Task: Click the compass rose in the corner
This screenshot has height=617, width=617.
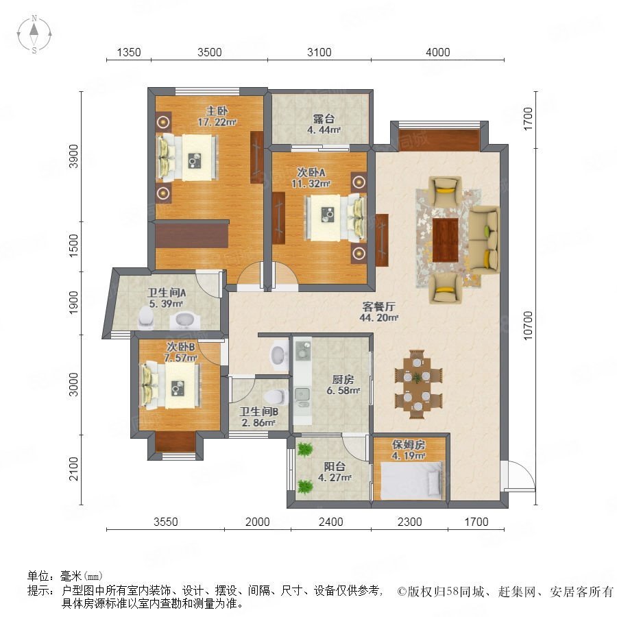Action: (34, 34)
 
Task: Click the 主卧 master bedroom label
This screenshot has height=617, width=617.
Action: (217, 111)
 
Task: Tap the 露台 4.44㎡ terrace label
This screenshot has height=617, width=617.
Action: (324, 124)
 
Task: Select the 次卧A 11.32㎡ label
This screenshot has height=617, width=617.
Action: (311, 178)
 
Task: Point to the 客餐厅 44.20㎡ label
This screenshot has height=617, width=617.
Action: (378, 312)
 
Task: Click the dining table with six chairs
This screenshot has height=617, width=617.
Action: (418, 384)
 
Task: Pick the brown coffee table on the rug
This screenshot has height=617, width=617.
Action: (446, 240)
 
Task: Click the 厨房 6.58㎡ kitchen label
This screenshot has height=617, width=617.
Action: (343, 385)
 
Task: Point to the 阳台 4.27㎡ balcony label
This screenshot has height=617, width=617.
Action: (335, 472)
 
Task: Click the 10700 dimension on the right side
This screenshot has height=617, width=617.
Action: (528, 326)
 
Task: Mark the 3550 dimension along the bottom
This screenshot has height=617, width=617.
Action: (166, 522)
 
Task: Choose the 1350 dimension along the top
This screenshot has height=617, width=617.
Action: (129, 52)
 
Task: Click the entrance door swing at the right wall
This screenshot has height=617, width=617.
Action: (519, 475)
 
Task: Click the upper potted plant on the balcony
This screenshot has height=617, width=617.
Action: (304, 450)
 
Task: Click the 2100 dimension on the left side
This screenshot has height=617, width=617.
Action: (73, 469)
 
